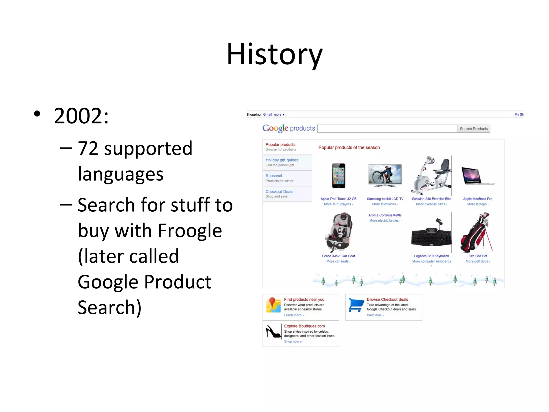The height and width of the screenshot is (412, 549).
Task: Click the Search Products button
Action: tap(473, 129)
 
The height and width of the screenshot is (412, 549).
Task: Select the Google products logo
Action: tap(289, 128)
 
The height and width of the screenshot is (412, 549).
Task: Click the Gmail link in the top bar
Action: tap(267, 115)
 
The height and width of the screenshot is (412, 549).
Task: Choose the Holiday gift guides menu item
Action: tap(282, 160)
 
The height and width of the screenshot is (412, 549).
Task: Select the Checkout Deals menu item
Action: tap(279, 192)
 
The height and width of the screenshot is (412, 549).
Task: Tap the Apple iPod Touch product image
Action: tap(339, 176)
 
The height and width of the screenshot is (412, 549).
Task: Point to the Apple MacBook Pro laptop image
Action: tap(477, 176)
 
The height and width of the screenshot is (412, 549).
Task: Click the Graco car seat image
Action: tap(338, 232)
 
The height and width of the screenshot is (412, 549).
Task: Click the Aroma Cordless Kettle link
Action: tap(385, 215)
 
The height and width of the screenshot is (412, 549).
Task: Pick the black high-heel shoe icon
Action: tap(273, 332)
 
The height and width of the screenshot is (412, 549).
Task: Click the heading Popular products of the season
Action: tap(349, 148)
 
